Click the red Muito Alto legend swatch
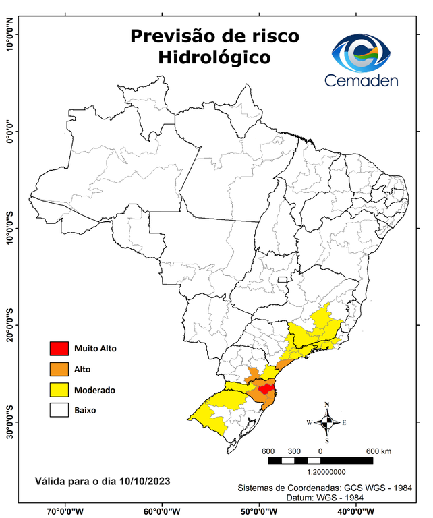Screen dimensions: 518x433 coord(59,349)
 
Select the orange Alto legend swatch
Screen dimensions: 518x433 coord(59,369)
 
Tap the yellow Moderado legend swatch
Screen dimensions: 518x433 coord(59,390)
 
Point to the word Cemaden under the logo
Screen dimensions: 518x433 coord(362,80)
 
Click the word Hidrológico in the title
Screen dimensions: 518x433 coord(214,58)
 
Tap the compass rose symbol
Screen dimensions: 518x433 coord(327,423)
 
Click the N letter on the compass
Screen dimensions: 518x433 coord(327,405)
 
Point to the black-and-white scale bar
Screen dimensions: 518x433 coord(320,461)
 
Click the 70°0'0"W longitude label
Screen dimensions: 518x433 coord(65,511)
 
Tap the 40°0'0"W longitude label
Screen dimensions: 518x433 coord(354,511)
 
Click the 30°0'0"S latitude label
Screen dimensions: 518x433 coord(10,422)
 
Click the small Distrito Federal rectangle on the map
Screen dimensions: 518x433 coord(283,279)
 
